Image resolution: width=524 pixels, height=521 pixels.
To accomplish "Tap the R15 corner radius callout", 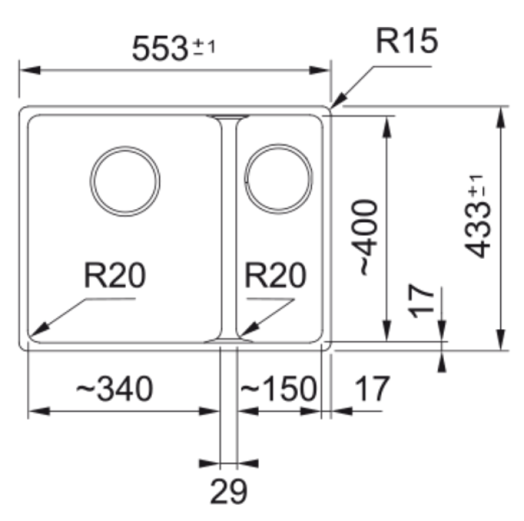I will click(x=405, y=43).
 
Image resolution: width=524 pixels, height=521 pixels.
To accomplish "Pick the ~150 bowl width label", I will click(x=278, y=389).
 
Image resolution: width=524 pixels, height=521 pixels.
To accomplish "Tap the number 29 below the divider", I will click(x=229, y=491).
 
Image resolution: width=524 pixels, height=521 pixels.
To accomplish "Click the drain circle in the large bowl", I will click(x=126, y=182).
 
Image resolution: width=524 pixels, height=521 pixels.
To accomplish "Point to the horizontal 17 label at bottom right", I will click(x=371, y=389).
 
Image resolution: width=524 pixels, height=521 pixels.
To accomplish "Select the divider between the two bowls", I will click(x=227, y=226).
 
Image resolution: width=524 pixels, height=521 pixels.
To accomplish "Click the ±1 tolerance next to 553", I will click(x=204, y=47).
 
